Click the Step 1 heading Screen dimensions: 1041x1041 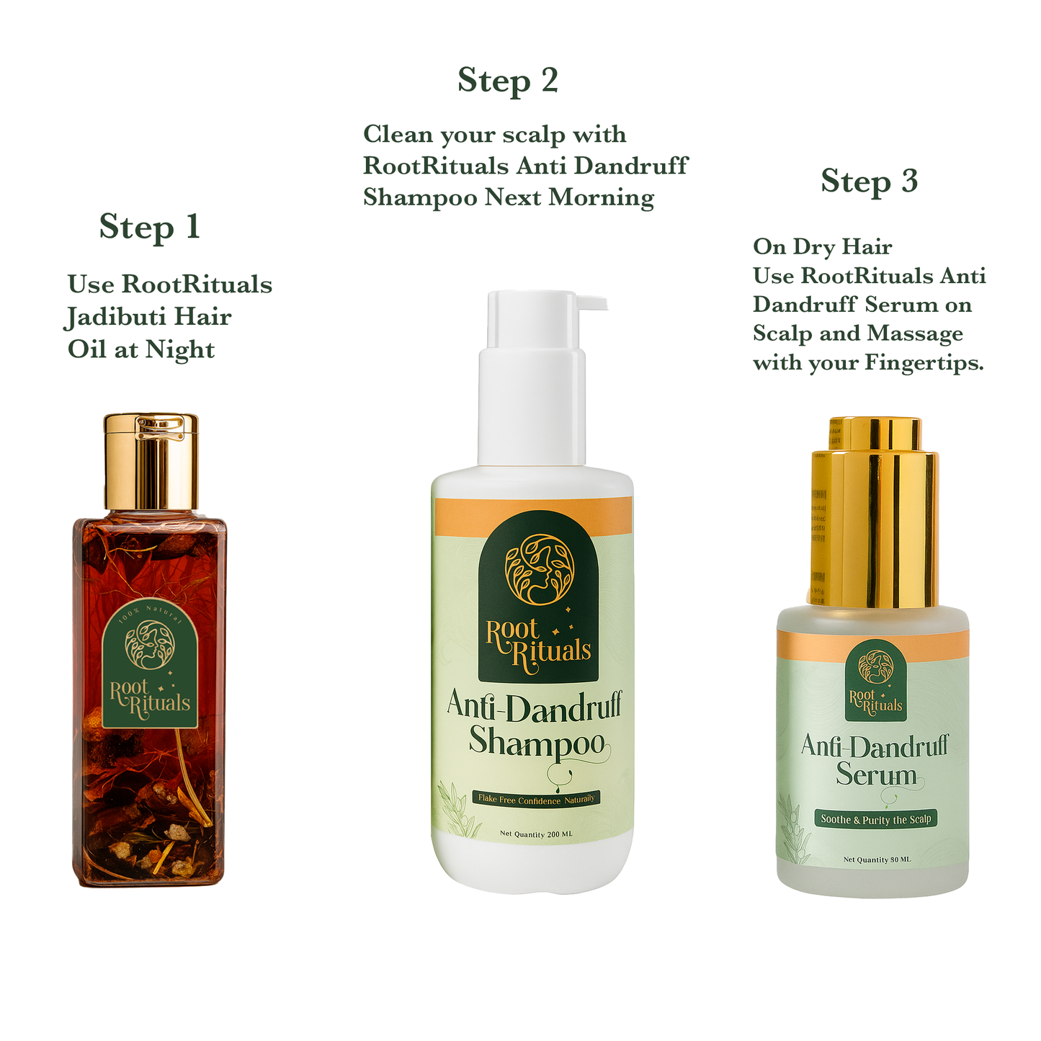click(x=149, y=228)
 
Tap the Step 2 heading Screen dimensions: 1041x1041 click(x=508, y=81)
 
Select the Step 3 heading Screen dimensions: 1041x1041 click(x=869, y=182)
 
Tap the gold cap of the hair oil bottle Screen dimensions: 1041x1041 click(x=151, y=461)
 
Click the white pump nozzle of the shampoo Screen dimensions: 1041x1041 click(x=584, y=303)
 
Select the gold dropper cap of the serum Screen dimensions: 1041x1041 click(x=875, y=511)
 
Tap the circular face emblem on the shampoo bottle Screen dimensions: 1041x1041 click(x=539, y=569)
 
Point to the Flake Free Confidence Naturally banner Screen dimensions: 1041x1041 click(x=536, y=799)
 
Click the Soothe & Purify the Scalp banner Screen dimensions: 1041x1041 click(x=875, y=819)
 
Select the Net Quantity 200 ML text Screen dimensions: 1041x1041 click(x=536, y=834)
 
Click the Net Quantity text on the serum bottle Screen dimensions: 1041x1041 click(x=877, y=859)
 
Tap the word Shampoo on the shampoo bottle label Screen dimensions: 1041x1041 click(x=536, y=742)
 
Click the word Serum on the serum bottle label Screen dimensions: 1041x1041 click(x=876, y=775)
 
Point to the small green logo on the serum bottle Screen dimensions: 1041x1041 click(x=875, y=681)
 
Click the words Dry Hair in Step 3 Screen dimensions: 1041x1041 click(x=842, y=247)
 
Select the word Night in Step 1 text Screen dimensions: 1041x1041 click(x=179, y=350)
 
